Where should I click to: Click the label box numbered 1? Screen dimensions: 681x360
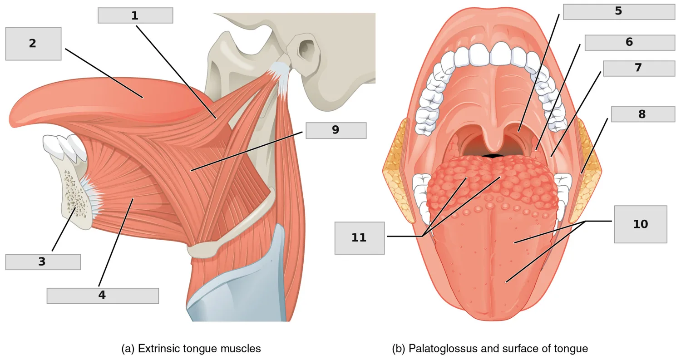pyautogui.click(x=135, y=15)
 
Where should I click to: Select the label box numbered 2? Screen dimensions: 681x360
pyautogui.click(x=33, y=44)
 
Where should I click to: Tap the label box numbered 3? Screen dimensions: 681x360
pyautogui.click(x=43, y=262)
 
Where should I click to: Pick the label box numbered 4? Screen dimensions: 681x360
pyautogui.click(x=103, y=296)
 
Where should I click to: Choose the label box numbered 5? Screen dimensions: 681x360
pyautogui.click(x=619, y=11)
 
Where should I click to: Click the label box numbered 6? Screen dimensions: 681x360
pyautogui.click(x=630, y=43)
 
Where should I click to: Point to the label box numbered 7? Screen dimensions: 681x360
pyautogui.click(x=639, y=69)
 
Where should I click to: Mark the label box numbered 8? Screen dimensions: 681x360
pyautogui.click(x=643, y=114)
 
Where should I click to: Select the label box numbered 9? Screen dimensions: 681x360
pyautogui.click(x=336, y=130)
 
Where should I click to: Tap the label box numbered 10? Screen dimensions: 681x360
pyautogui.click(x=641, y=224)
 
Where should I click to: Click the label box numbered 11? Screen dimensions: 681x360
pyautogui.click(x=360, y=238)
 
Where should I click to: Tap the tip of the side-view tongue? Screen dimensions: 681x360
pyautogui.click(x=12, y=120)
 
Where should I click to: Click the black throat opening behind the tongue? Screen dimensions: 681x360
pyautogui.click(x=493, y=156)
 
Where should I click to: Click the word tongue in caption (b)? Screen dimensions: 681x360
pyautogui.click(x=571, y=349)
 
